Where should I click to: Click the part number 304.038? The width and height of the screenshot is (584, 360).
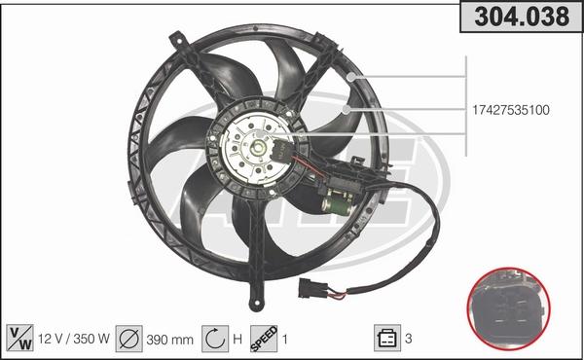[522, 17]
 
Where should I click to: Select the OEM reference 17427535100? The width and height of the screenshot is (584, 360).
[511, 110]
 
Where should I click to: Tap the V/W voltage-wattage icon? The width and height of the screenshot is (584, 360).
[20, 338]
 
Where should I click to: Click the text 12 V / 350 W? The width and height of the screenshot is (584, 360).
[74, 339]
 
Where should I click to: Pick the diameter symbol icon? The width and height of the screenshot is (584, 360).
[128, 339]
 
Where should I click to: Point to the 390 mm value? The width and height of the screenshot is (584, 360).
[169, 340]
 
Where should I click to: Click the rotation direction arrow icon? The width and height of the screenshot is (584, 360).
[215, 339]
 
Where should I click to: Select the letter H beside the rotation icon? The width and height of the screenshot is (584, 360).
[237, 340]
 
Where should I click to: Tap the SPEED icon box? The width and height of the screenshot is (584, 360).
[264, 339]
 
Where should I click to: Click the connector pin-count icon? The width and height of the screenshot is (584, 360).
[387, 338]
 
